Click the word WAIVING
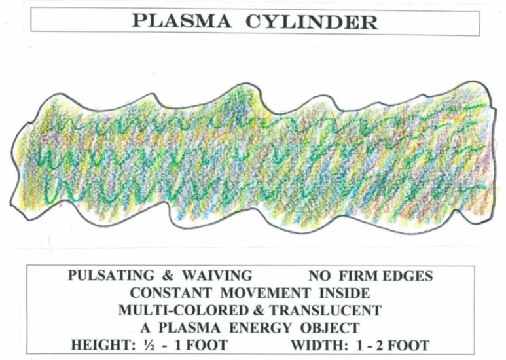[x=213, y=276]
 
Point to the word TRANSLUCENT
[x=318, y=310]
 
